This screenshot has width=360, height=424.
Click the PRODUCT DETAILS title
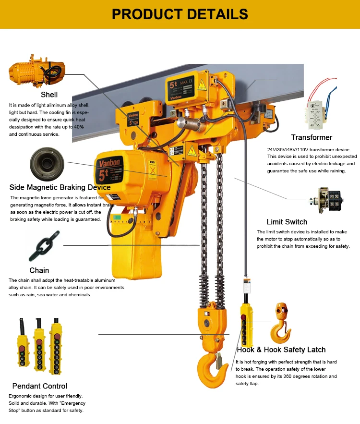[x=180, y=14]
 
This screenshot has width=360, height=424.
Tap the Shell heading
[x=49, y=95]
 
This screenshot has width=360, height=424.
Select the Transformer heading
[x=312, y=137]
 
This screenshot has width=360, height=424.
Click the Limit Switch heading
[x=287, y=222]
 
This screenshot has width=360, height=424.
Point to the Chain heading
[x=39, y=270]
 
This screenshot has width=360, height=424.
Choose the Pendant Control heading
[x=40, y=386]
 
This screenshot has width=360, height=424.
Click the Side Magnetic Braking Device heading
[x=60, y=187]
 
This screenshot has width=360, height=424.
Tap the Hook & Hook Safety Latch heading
[x=281, y=350]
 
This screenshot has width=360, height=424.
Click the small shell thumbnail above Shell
[x=37, y=71]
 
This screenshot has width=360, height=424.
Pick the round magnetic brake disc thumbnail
[x=47, y=164]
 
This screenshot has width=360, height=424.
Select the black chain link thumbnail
[x=44, y=246]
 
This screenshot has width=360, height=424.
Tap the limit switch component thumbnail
[x=326, y=200]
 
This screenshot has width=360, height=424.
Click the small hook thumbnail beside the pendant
[x=281, y=323]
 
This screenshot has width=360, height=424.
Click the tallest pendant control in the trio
[x=56, y=347]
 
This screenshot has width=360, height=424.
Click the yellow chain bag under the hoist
[x=136, y=243]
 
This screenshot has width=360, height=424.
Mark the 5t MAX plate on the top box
[x=180, y=88]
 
